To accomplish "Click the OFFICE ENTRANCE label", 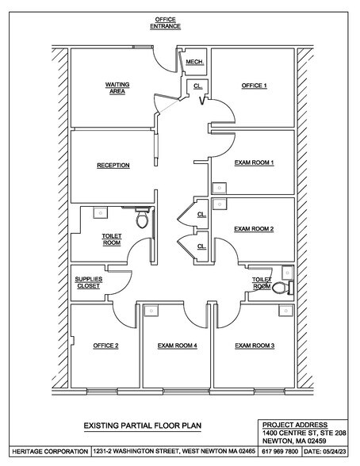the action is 165,23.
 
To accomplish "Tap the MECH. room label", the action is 195,62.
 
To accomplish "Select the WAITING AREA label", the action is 117,88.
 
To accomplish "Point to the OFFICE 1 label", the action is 254,86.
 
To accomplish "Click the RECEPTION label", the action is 113,165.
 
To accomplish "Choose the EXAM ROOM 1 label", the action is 254,163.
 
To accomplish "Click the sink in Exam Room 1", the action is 220,188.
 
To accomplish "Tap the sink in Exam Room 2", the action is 220,204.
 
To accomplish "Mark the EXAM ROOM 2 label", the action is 254,229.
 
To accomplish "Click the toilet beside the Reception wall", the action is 142,218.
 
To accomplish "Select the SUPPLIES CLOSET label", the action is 89,283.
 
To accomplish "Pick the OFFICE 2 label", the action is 105,346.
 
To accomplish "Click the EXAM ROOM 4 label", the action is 177,346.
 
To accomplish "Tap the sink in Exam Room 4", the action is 151,311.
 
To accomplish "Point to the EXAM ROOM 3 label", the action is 255,346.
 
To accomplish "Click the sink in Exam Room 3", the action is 286,311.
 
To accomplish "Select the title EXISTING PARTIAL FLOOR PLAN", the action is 143,426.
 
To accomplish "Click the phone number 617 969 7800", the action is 280,452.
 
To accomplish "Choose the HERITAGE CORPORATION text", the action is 50,452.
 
